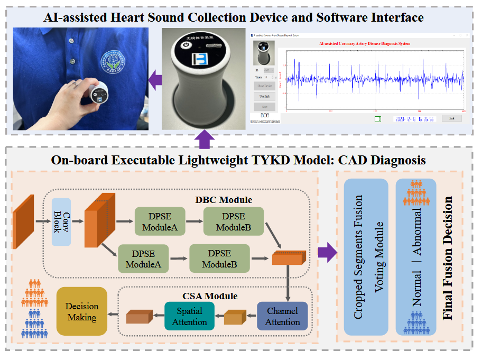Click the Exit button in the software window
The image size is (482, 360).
point(451,118)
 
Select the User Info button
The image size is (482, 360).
point(264,97)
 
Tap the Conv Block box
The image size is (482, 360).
point(61,222)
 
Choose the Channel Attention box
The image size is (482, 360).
point(282,317)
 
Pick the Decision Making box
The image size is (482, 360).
point(81,312)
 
